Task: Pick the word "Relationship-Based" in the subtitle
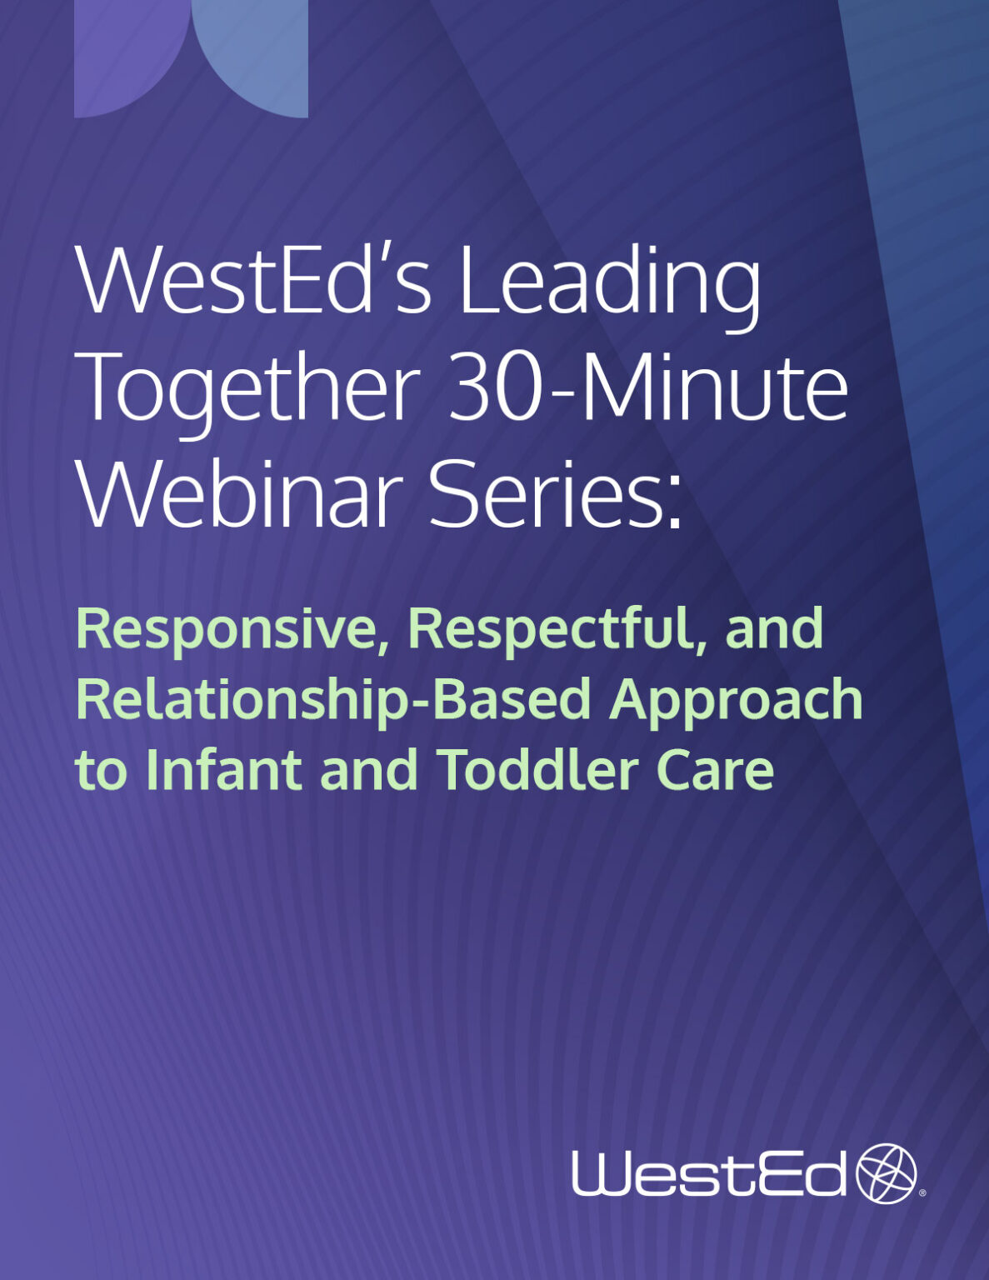point(333,700)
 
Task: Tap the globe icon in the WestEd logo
point(887,1173)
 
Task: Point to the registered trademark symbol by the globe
point(922,1192)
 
